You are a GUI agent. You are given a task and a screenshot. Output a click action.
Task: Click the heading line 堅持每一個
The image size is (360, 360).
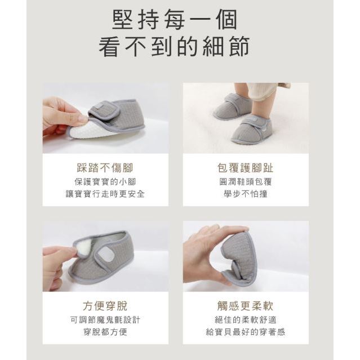tap(175, 20)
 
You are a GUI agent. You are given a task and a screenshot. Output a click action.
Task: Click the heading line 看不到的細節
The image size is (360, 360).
tap(174, 47)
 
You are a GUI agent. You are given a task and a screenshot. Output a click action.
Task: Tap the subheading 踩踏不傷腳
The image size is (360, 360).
tap(105, 168)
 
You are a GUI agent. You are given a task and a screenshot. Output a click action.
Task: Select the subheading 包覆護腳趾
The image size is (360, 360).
tap(246, 168)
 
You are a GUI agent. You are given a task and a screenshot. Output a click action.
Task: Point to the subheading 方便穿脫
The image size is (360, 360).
tap(105, 306)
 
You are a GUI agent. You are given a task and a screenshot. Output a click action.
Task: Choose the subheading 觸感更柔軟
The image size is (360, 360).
tap(246, 306)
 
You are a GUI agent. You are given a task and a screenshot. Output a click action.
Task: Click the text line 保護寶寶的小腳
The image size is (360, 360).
tap(105, 182)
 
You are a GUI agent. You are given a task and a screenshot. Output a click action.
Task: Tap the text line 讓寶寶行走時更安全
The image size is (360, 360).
tap(105, 194)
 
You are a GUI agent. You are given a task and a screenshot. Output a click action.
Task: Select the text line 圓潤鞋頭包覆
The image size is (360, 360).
tap(246, 182)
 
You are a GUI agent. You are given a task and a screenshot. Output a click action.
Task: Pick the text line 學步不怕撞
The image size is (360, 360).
tap(246, 194)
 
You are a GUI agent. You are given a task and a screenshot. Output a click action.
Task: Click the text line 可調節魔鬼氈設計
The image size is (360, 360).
tap(105, 320)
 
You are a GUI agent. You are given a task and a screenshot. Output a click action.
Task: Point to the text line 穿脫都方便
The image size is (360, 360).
tap(105, 332)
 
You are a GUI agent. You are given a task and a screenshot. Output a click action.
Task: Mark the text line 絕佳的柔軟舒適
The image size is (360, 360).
tap(246, 320)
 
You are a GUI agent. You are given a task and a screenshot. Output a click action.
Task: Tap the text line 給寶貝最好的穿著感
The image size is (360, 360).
tap(246, 332)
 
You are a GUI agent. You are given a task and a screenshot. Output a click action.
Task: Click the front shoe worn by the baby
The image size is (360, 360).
tap(252, 130)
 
